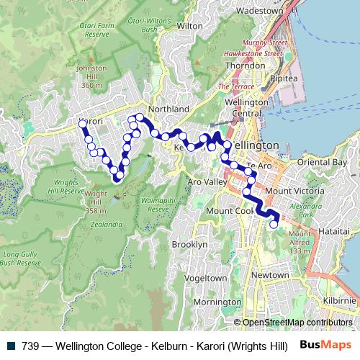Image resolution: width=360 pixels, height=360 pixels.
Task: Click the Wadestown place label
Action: coord(260,11)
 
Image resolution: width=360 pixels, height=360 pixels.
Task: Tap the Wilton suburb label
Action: coord(190,25)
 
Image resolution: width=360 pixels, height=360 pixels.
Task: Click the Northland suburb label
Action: coord(168,109)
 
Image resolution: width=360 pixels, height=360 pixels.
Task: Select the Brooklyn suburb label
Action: coord(189,244)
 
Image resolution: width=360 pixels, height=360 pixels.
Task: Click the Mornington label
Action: coord(217,302)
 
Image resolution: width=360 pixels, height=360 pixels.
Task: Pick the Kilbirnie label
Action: coord(339,300)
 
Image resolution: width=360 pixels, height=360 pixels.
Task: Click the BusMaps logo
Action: coord(325,345)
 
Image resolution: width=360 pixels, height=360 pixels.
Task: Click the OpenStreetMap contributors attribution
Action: coord(297,322)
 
